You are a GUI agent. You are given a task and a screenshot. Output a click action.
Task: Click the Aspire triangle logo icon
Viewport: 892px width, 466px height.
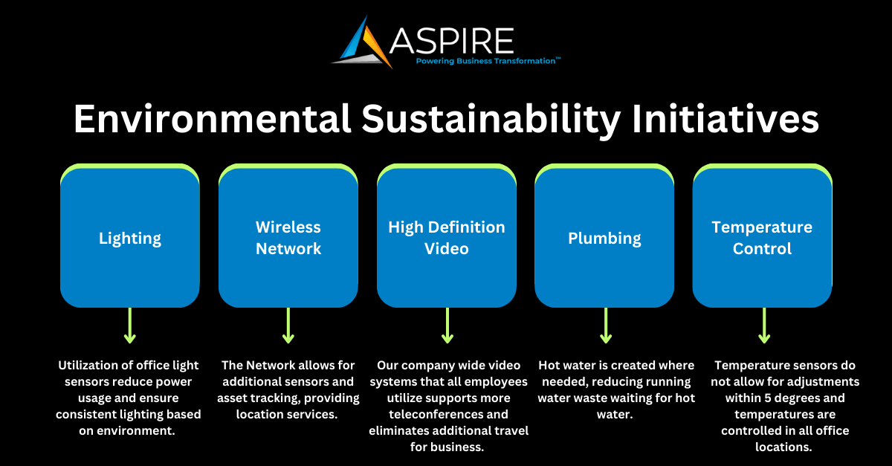pyautogui.click(x=364, y=44)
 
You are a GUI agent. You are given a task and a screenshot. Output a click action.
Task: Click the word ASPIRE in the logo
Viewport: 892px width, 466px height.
pyautogui.click(x=451, y=41)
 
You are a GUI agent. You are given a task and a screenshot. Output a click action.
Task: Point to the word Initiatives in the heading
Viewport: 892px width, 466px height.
pyautogui.click(x=725, y=119)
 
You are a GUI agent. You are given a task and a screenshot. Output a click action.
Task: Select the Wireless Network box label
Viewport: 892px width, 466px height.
pyautogui.click(x=288, y=238)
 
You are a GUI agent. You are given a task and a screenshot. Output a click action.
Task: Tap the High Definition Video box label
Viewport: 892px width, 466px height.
pyautogui.click(x=447, y=238)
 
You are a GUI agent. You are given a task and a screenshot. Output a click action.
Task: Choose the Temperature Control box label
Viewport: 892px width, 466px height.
pyautogui.click(x=762, y=238)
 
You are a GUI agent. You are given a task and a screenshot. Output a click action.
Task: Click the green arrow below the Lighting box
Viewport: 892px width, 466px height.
pyautogui.click(x=130, y=326)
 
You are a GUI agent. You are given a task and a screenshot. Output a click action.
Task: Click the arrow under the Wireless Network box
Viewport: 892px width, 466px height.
pyautogui.click(x=288, y=326)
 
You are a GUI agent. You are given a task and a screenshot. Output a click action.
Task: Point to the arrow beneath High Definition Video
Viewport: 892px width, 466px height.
pyautogui.click(x=447, y=326)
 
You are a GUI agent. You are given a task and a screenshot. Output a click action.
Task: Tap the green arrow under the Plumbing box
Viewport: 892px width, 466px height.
pyautogui.click(x=606, y=326)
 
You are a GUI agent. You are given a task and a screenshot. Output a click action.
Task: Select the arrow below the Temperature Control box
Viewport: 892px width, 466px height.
pyautogui.click(x=764, y=326)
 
